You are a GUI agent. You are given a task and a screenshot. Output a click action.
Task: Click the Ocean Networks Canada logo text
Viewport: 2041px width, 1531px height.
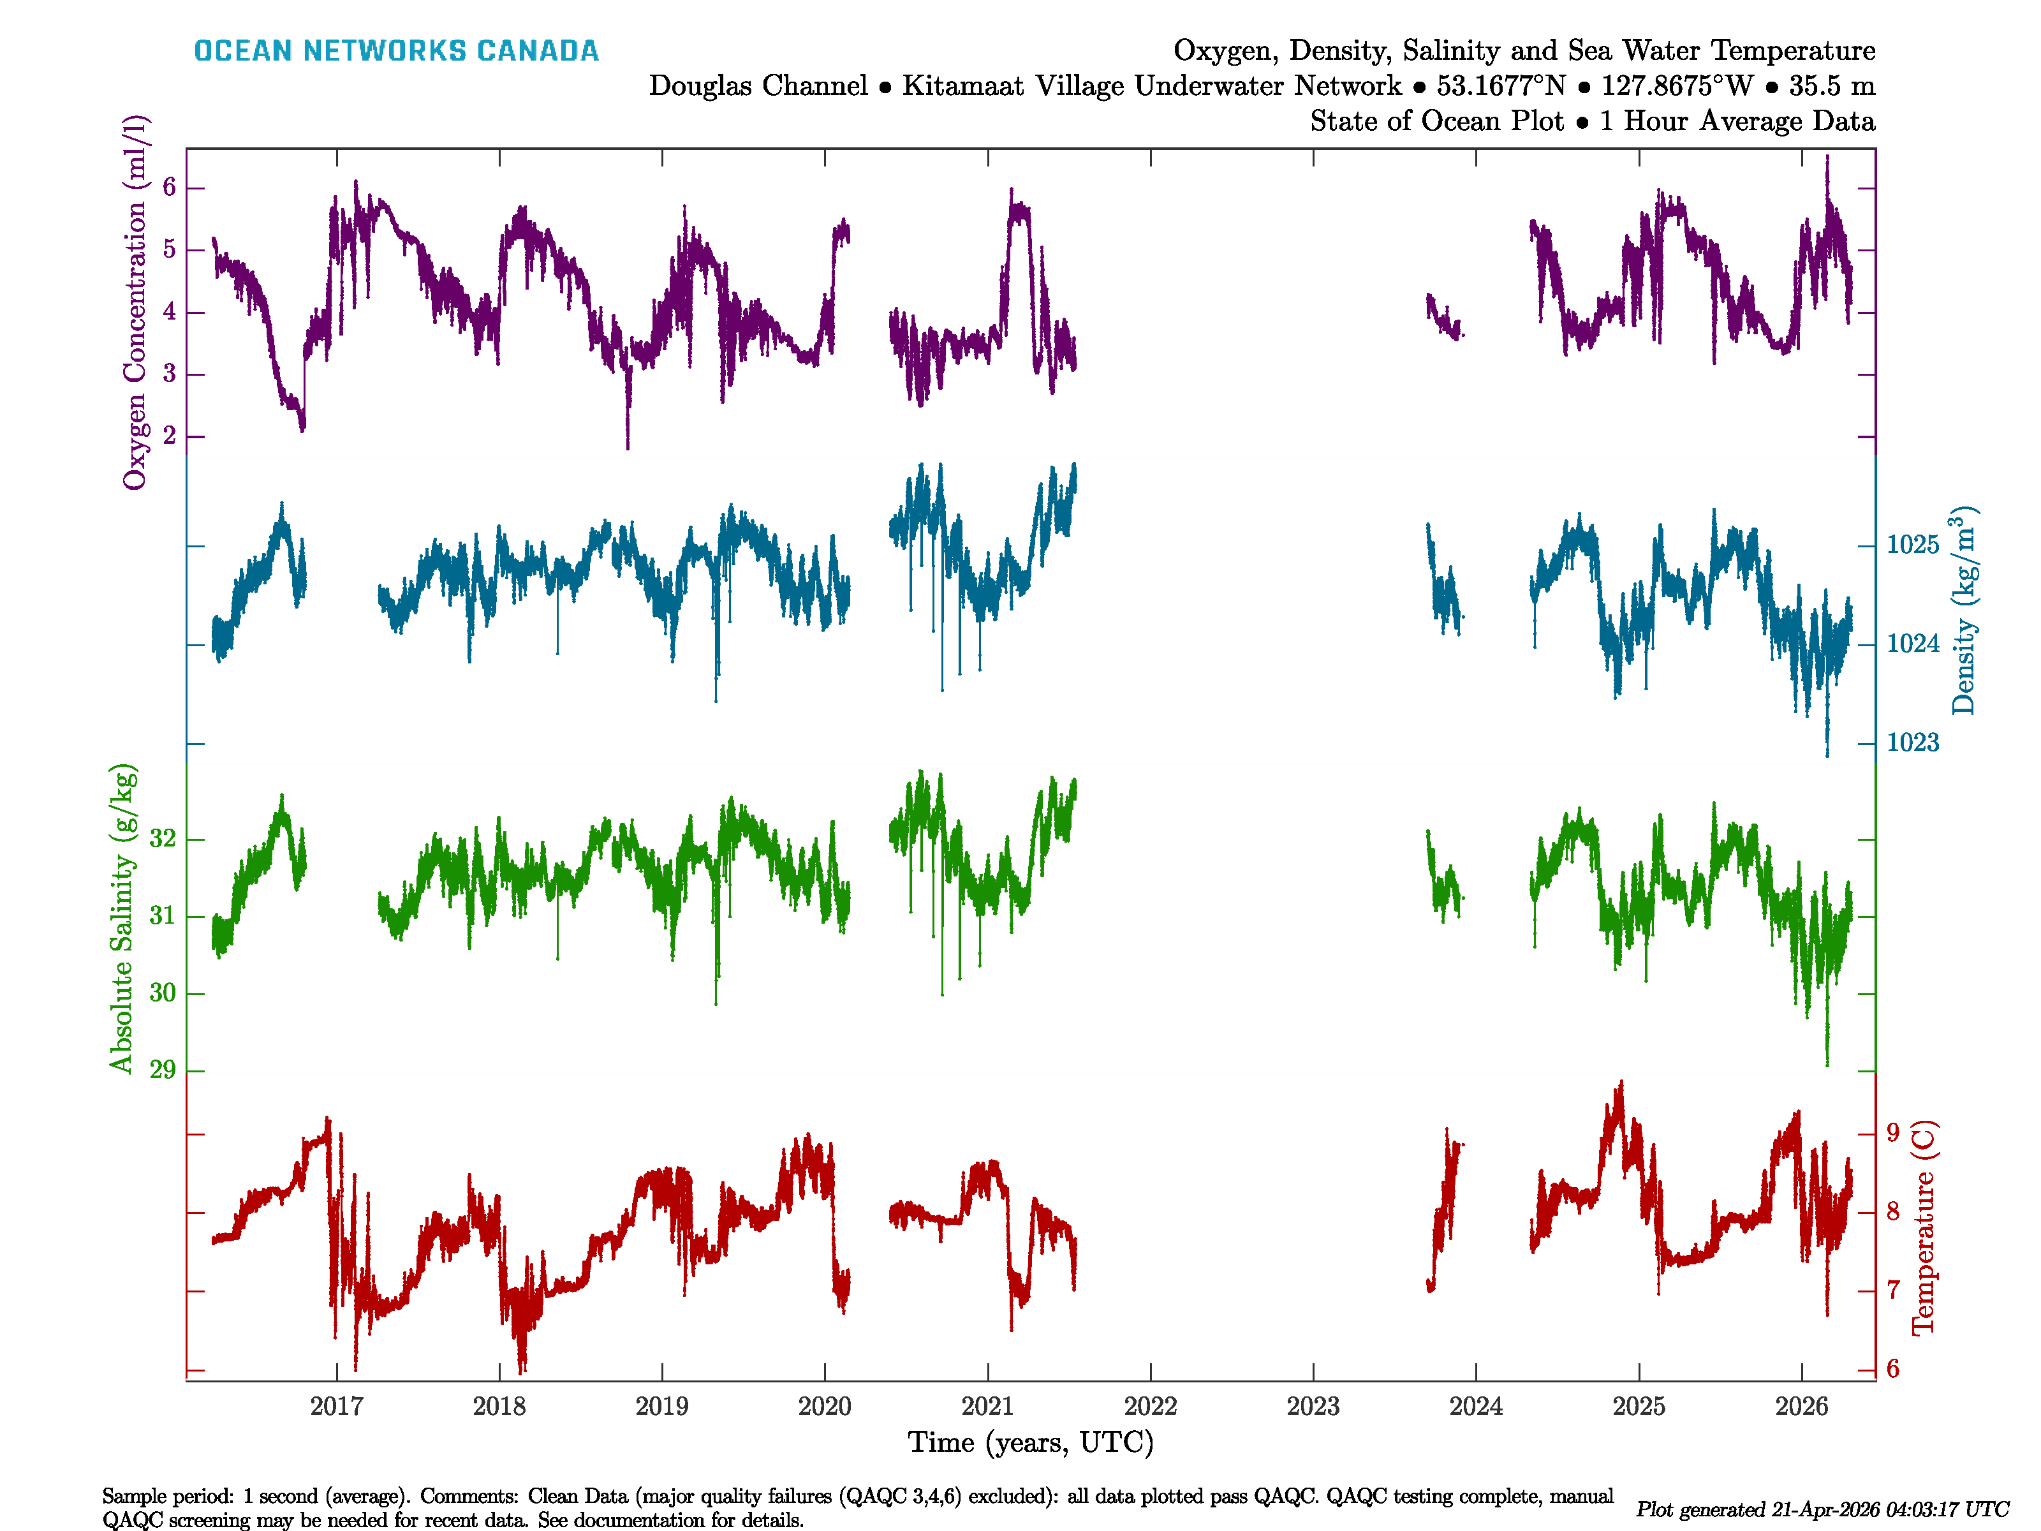coord(396,51)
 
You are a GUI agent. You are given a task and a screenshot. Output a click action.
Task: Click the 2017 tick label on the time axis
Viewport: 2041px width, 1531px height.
coord(337,1407)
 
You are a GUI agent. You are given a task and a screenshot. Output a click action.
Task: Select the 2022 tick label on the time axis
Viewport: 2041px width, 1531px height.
coord(1151,1407)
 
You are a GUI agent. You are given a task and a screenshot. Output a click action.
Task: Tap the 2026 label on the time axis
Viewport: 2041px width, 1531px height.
coord(1801,1407)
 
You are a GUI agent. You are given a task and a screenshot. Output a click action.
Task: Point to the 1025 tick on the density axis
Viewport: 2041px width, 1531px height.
coord(1913,545)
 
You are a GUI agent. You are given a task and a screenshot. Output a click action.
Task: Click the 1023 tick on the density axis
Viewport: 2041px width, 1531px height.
coord(1913,743)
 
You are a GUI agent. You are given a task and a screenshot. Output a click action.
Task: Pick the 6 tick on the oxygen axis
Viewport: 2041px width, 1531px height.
coord(169,188)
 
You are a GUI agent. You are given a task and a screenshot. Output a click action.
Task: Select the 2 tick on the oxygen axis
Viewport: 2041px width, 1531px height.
coord(169,436)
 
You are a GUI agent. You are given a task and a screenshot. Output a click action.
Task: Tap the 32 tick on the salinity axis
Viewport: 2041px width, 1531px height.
coord(163,838)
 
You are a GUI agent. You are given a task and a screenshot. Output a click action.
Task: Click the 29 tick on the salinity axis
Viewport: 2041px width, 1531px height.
coord(163,1070)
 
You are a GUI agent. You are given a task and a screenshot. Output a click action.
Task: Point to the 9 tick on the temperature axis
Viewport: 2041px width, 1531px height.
coord(1892,1132)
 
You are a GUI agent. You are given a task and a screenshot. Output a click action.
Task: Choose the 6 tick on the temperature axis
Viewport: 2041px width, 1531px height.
coord(1892,1368)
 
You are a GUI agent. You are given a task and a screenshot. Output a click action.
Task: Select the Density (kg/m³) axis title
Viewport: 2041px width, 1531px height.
coord(1963,611)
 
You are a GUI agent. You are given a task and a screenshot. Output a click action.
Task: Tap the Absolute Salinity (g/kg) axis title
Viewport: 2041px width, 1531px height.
coord(122,918)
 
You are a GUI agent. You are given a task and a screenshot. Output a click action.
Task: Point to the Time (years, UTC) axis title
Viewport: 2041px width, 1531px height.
coord(1031,1442)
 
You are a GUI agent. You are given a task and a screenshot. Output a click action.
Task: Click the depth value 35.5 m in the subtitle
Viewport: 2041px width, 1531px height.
coord(1832,86)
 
